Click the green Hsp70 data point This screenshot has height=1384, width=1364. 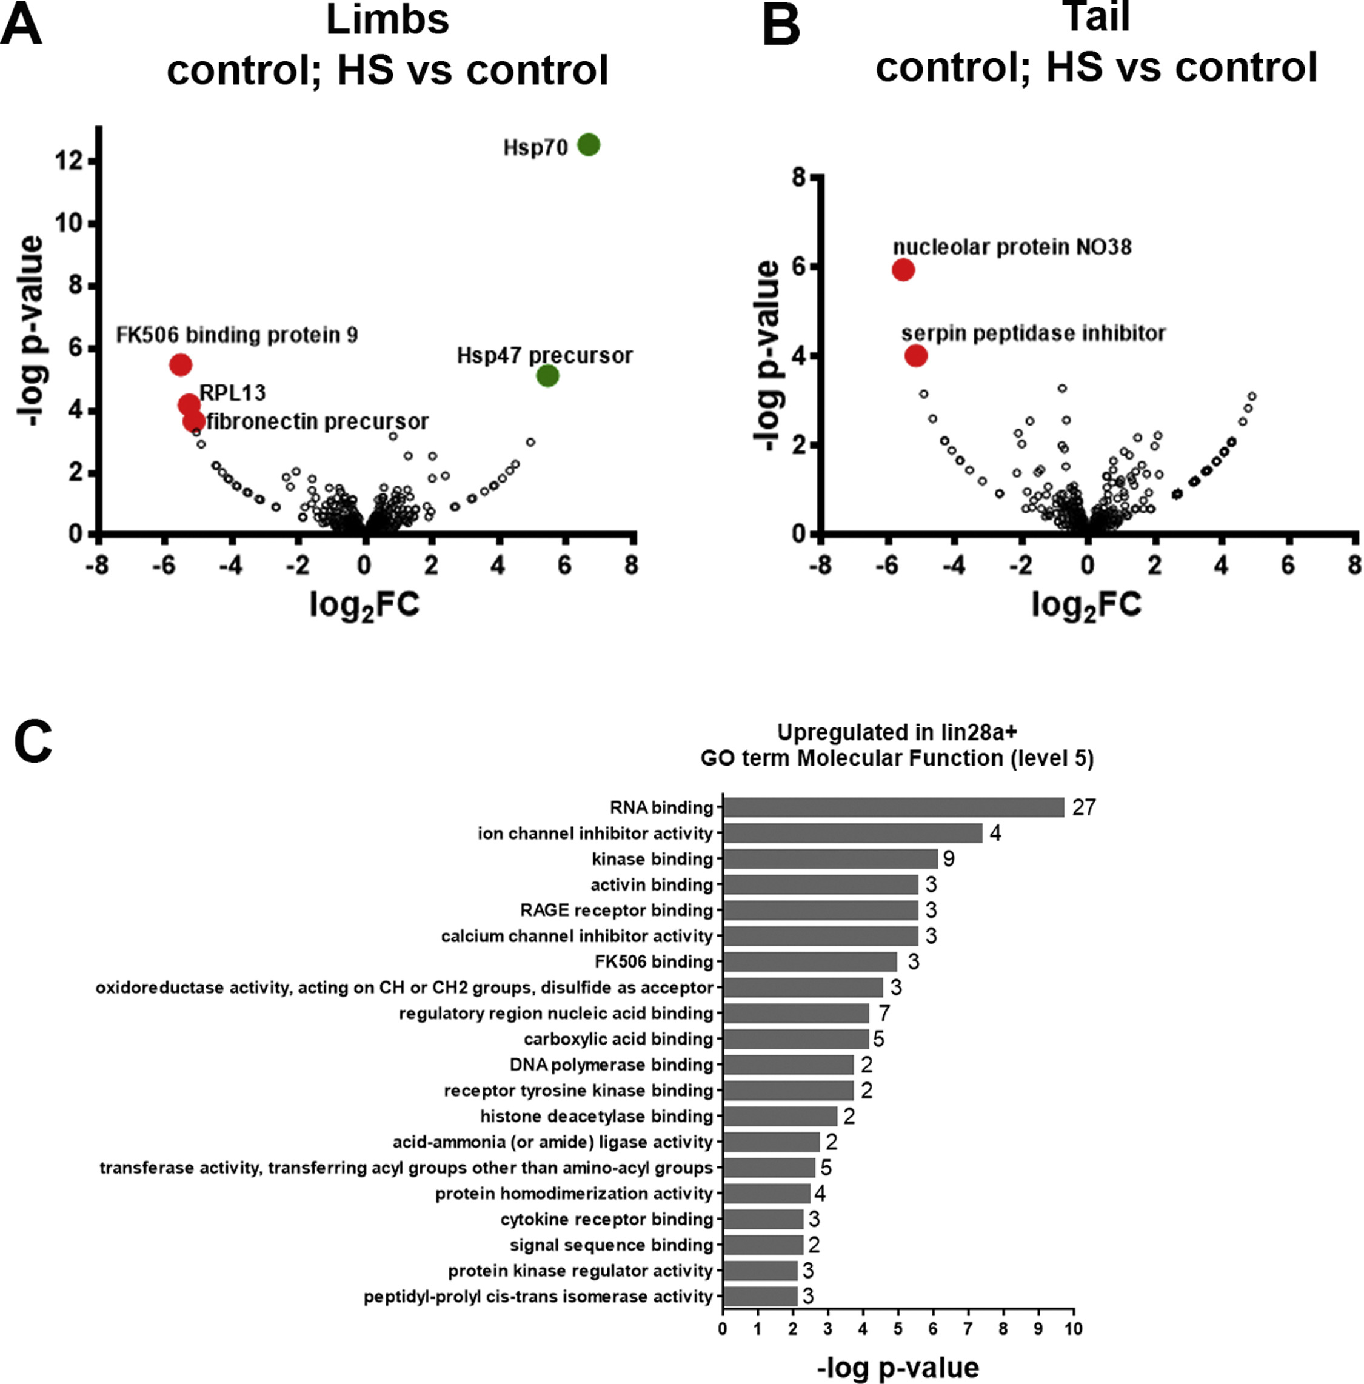click(588, 145)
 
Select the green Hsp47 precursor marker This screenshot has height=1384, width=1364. click(547, 375)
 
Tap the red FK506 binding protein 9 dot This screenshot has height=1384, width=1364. click(181, 364)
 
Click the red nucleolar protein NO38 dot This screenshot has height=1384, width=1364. click(903, 270)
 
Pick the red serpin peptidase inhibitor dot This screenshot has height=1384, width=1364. click(915, 355)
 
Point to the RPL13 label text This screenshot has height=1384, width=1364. click(232, 393)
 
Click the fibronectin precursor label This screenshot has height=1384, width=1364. click(318, 421)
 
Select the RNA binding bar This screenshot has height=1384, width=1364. click(894, 807)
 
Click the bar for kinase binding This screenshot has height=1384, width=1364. click(831, 859)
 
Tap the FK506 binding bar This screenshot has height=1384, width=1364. click(809, 961)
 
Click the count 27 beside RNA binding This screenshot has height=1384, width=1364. click(1084, 807)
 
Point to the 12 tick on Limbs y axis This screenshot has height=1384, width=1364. click(70, 161)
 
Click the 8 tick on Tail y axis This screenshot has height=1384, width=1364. click(799, 177)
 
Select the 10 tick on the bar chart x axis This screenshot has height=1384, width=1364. click(1072, 1329)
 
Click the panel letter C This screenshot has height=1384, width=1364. click(32, 741)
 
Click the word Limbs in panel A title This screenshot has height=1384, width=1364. click(387, 19)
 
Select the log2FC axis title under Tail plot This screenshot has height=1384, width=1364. click(1086, 606)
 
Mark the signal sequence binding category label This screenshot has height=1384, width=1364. click(611, 1245)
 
